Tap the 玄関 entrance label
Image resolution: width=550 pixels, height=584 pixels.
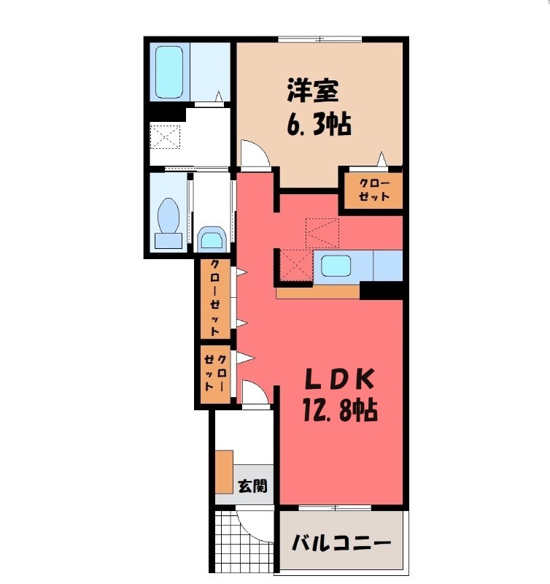(x=252, y=485)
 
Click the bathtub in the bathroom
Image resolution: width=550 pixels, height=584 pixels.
(x=171, y=73)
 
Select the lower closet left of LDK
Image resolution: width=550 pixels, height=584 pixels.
(x=216, y=375)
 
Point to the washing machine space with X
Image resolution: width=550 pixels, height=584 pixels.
(x=164, y=137)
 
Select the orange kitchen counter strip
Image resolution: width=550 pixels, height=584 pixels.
(x=318, y=292)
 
